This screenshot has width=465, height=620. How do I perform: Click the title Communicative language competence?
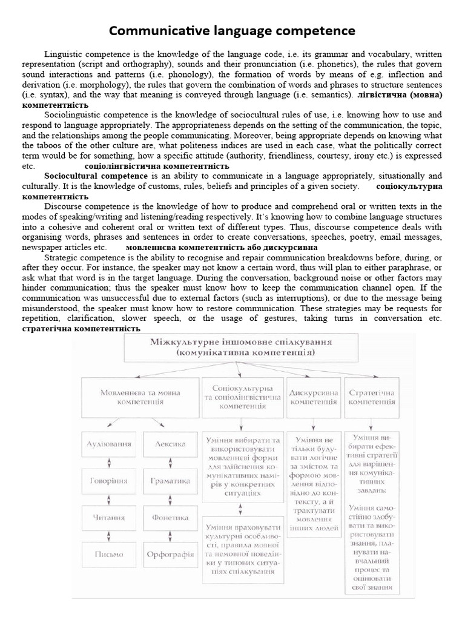pos(232,30)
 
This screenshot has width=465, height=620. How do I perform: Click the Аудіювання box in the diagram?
pos(109,444)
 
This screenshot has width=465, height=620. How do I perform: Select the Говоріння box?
pos(109,481)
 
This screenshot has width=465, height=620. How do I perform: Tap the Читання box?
pos(109,518)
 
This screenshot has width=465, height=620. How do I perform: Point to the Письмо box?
pos(109,554)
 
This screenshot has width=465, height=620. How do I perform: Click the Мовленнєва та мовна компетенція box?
pos(140,397)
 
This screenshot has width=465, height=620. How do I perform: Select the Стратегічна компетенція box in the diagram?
pos(371,397)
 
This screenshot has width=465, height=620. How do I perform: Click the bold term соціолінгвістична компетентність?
pos(156,166)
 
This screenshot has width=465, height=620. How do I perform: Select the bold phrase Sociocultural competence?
pos(96,176)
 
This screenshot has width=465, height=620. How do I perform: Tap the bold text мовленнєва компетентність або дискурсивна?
pos(222,248)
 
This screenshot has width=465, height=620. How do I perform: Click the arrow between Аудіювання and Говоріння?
pos(109,463)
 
